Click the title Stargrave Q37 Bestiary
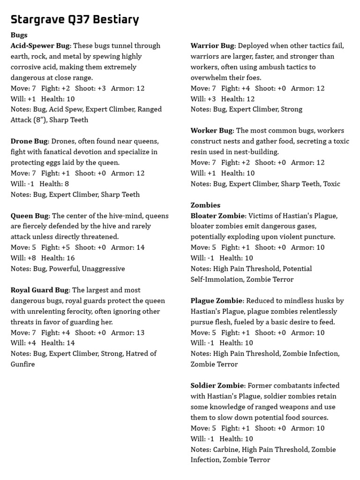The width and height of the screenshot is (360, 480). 75,20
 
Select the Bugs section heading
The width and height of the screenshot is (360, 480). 19,35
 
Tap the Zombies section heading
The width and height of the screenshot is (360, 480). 205,205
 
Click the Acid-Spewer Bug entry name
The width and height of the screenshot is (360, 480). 40,46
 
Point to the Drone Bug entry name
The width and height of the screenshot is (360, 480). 29,141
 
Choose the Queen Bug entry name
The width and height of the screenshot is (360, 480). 29,216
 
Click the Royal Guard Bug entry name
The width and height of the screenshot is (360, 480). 40,290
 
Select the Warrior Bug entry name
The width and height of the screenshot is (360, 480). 212,46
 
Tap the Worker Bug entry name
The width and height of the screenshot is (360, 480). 211,131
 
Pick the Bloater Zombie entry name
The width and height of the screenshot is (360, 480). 217,216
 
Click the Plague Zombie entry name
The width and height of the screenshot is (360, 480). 217,300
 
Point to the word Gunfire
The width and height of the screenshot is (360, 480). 23,364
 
